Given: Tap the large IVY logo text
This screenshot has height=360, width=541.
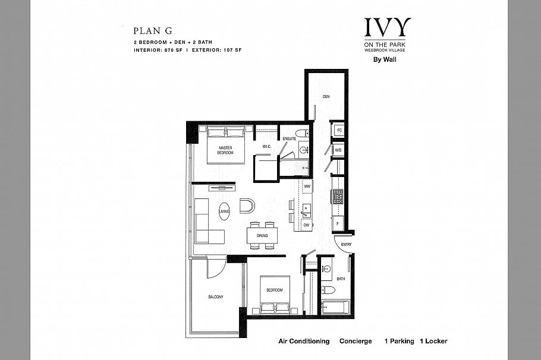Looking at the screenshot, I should [x=387, y=28].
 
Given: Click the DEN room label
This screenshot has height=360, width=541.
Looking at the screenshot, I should [x=326, y=96].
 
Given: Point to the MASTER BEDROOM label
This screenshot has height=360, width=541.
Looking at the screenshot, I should [x=225, y=150].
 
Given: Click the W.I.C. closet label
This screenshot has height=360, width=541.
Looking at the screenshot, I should [x=266, y=146].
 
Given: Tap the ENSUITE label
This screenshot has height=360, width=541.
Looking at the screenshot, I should [x=290, y=138].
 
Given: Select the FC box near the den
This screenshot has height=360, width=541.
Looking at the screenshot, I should [x=339, y=130].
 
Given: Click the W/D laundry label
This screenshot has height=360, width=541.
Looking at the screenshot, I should [x=338, y=150].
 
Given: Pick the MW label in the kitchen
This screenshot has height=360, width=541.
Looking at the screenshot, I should [x=307, y=187].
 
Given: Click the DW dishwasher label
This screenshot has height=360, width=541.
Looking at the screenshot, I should [x=307, y=225].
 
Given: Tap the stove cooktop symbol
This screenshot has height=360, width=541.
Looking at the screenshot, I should [x=338, y=197].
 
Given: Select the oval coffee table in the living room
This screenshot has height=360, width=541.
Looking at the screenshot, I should [x=224, y=211].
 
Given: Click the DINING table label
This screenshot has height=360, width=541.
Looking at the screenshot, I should [x=262, y=235].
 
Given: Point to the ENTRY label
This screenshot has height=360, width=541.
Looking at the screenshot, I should [x=346, y=244].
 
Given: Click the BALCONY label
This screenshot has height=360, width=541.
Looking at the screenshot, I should [x=215, y=298].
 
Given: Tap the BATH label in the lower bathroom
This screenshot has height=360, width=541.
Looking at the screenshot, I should [x=341, y=278].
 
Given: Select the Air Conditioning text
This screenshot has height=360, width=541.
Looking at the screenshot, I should [x=304, y=342].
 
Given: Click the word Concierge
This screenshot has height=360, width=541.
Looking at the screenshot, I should [x=356, y=342].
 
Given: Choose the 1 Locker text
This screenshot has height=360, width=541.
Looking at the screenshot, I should [x=433, y=342].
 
